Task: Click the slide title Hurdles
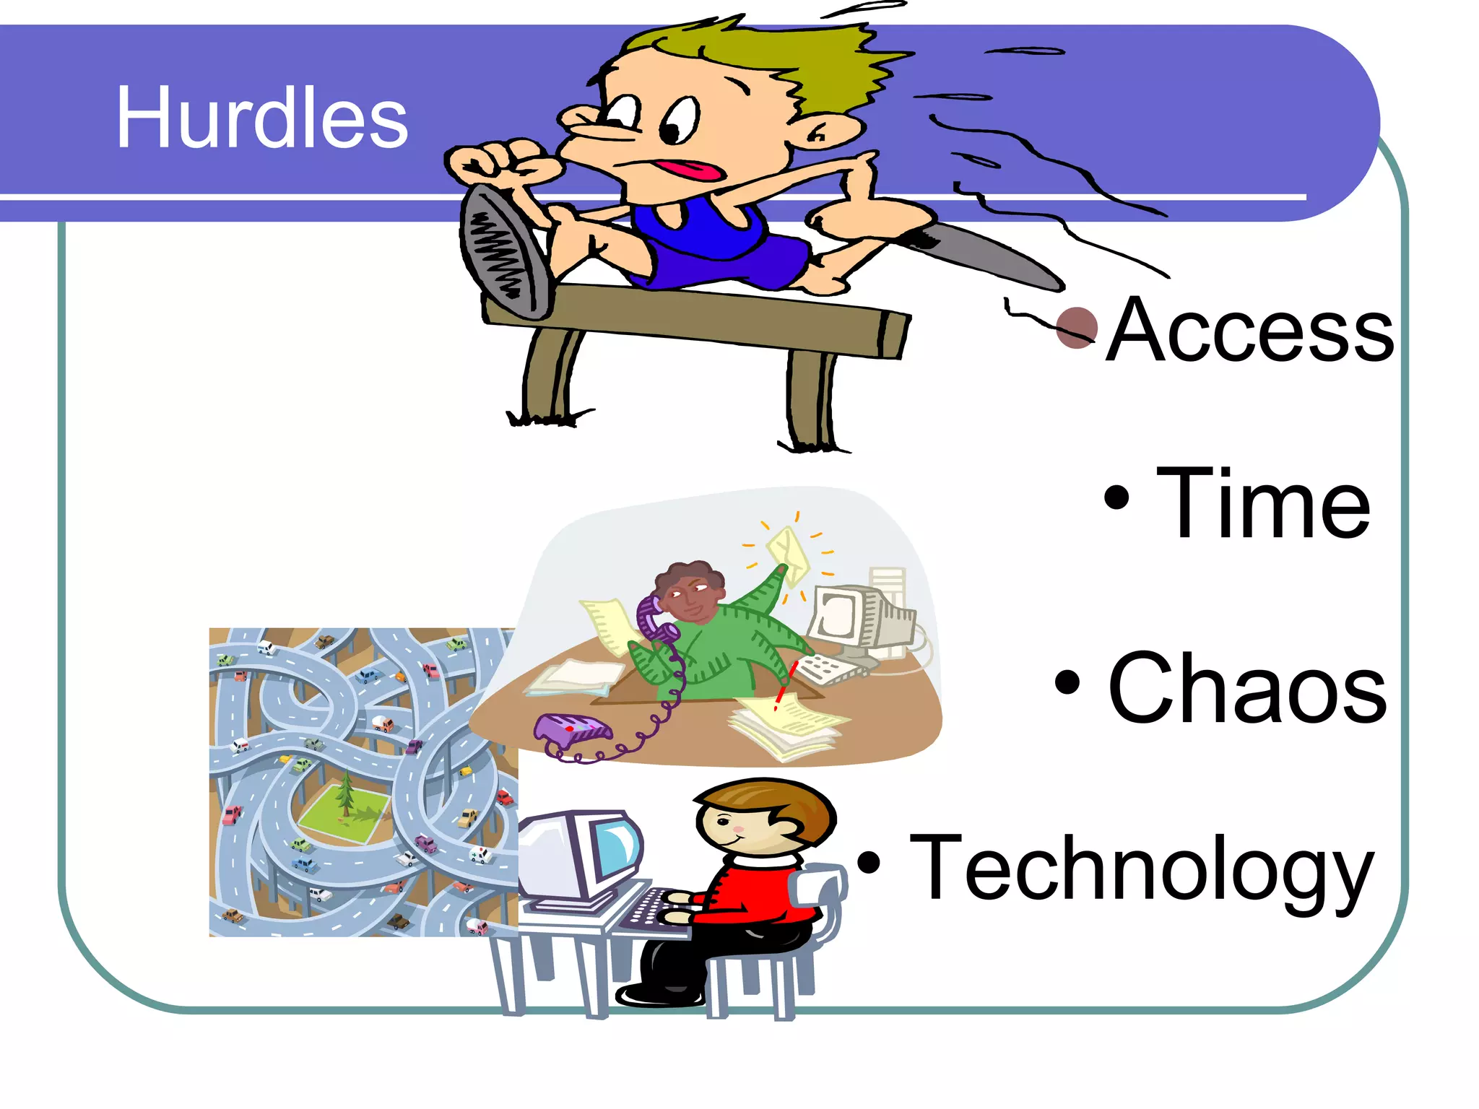tap(261, 118)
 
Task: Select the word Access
tap(1249, 330)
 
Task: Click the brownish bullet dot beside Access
tap(1077, 328)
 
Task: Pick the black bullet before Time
tap(1116, 497)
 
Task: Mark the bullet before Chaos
tap(1067, 682)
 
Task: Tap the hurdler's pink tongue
tap(693, 171)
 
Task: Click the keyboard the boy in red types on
tap(650, 911)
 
